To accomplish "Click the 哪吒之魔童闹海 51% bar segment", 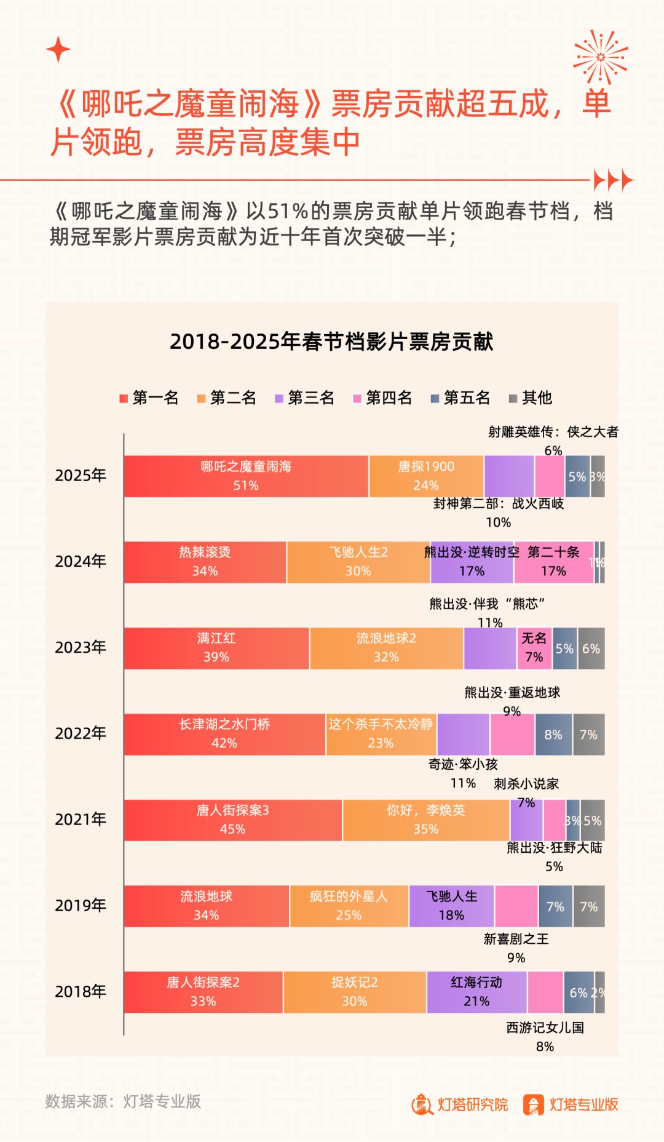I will pyautogui.click(x=246, y=476).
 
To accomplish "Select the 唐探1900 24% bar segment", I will pyautogui.click(x=426, y=476).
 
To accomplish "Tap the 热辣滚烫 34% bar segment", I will pyautogui.click(x=205, y=562).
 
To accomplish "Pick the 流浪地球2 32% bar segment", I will pyautogui.click(x=386, y=649).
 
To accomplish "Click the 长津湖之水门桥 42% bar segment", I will pyautogui.click(x=224, y=734).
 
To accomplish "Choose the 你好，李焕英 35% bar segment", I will pyautogui.click(x=425, y=820).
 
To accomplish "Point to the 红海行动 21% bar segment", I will pyautogui.click(x=476, y=992).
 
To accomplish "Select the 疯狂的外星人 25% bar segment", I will pyautogui.click(x=349, y=906).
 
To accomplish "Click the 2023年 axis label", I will pyautogui.click(x=81, y=648).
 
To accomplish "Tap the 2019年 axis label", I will pyautogui.click(x=81, y=906).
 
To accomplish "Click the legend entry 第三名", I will pyautogui.click(x=305, y=398).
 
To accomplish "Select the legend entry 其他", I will pyautogui.click(x=531, y=398).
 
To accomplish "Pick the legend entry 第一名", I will pyautogui.click(x=149, y=398).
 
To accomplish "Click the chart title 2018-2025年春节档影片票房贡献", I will pyautogui.click(x=331, y=341).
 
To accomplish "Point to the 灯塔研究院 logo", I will pyautogui.click(x=460, y=1104).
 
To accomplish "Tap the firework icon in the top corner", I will pyautogui.click(x=600, y=57).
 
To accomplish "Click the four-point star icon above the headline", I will pyautogui.click(x=58, y=49).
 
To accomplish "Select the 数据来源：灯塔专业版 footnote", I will pyautogui.click(x=123, y=1101).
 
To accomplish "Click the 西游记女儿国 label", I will pyautogui.click(x=545, y=1028).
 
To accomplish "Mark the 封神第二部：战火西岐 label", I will pyautogui.click(x=499, y=504).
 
